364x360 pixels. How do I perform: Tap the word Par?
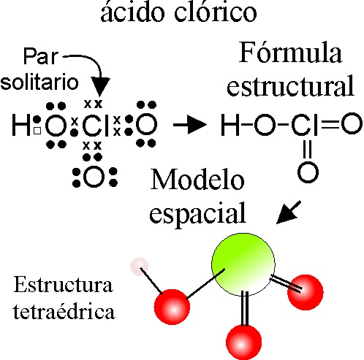tap(41, 56)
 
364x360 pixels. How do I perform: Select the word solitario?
tap(39, 82)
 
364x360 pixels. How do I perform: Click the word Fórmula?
tap(290, 53)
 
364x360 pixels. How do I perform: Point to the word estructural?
tap(290, 85)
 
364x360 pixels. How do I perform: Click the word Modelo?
tap(197, 180)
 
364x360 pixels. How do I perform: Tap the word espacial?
tap(197, 212)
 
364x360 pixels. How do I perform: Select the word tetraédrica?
tap(64, 311)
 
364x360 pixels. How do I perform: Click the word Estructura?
tap(64, 284)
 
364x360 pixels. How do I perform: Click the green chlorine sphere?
tap(243, 264)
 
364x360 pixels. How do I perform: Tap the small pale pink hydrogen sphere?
tap(140, 267)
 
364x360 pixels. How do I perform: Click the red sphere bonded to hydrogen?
tap(172, 307)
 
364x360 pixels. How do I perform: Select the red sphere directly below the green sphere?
tap(243, 342)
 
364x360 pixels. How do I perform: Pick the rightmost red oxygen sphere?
tap(306, 292)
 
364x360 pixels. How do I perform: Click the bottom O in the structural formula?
tap(308, 172)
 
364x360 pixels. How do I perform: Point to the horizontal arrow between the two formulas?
tap(190, 125)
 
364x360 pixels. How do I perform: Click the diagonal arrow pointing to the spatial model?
tap(289, 212)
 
